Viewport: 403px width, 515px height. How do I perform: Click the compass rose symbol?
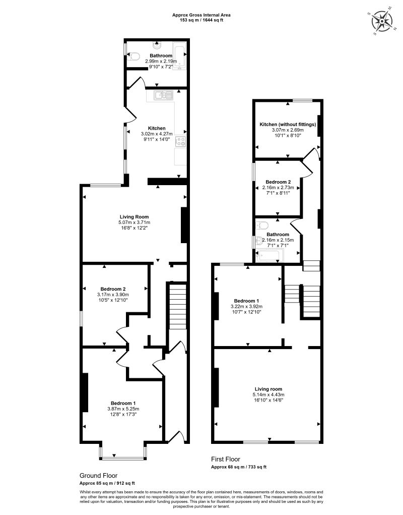(x=382, y=21)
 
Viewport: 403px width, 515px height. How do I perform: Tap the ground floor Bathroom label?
(x=161, y=55)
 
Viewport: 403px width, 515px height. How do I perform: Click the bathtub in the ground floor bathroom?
(x=179, y=56)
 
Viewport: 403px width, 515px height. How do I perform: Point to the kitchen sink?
(x=163, y=95)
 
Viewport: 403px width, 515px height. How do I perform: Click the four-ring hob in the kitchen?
(x=181, y=142)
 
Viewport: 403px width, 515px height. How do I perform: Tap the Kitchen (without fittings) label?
(x=288, y=125)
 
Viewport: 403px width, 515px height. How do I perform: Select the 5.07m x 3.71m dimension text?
(x=134, y=222)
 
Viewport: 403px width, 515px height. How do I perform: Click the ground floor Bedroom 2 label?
(x=113, y=289)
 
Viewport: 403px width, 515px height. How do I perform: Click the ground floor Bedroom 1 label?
(x=123, y=404)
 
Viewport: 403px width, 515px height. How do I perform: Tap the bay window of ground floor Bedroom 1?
(x=123, y=457)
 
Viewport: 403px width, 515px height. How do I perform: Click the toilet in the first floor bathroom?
(x=262, y=225)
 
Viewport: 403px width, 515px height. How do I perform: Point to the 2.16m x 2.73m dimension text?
(x=278, y=188)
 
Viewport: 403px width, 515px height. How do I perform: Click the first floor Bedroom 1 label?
(x=247, y=301)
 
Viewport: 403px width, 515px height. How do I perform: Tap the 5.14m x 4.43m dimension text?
(x=268, y=395)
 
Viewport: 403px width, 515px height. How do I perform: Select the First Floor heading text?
(x=226, y=460)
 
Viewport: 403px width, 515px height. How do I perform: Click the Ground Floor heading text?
(x=98, y=476)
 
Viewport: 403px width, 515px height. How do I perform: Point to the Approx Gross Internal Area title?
(x=201, y=15)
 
